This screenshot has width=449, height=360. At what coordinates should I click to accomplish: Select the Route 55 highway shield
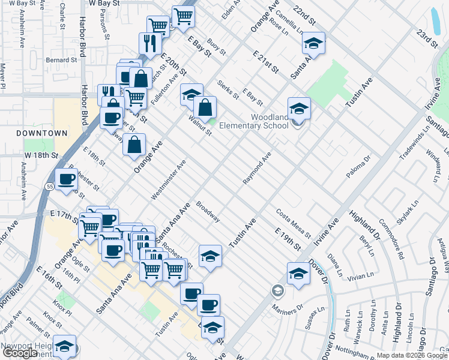click(49, 187)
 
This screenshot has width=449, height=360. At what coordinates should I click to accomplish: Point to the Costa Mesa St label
click(293, 223)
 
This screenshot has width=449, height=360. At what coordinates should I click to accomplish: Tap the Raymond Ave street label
click(258, 168)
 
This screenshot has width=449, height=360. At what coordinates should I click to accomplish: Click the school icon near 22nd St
click(313, 43)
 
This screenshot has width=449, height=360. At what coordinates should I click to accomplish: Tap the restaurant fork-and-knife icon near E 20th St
click(148, 43)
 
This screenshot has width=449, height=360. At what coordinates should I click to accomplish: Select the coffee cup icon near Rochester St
click(66, 179)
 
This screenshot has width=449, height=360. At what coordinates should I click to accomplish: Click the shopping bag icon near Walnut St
click(205, 108)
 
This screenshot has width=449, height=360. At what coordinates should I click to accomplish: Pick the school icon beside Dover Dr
click(298, 274)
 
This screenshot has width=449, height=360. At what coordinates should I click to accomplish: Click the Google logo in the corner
click(20, 353)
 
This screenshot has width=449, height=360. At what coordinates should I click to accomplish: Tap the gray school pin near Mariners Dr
click(277, 291)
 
